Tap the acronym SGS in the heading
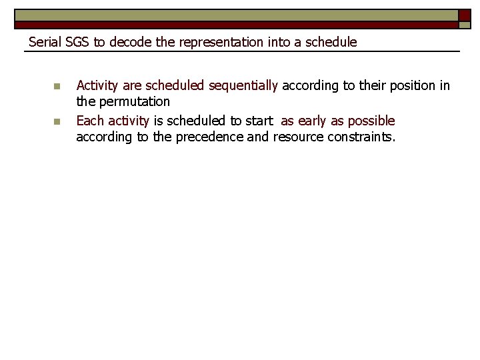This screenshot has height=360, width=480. point(77,42)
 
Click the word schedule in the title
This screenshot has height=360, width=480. point(331,42)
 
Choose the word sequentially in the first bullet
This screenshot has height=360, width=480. point(243,85)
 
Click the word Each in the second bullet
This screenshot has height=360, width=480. point(90,121)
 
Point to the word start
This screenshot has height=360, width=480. point(259,121)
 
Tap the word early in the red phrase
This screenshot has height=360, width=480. point(309,121)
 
